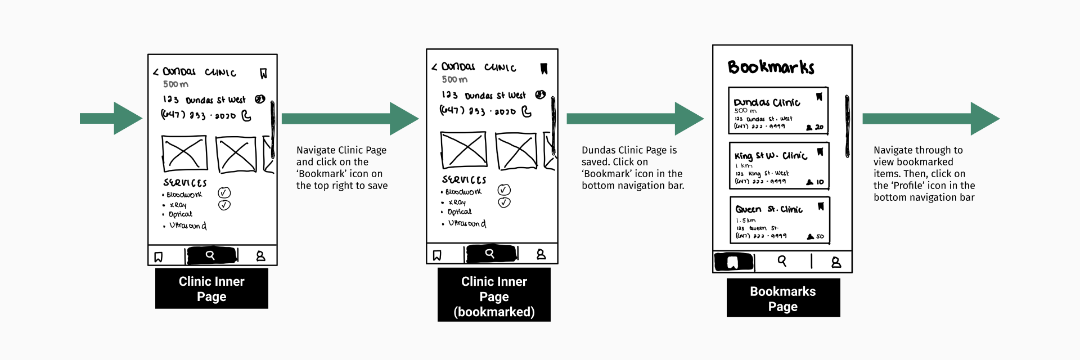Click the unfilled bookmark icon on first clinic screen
(x=263, y=74)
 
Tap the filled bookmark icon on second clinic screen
(x=544, y=69)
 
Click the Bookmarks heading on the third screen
(x=771, y=67)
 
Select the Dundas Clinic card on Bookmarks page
(x=778, y=111)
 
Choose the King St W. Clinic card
(x=779, y=166)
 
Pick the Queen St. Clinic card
(x=780, y=220)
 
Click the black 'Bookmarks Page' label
(x=783, y=299)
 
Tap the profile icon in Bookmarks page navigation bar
(x=836, y=262)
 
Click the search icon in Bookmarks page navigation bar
(x=782, y=261)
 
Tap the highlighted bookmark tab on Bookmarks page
(x=733, y=262)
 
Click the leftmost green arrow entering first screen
(x=111, y=118)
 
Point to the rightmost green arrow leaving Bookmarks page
(x=930, y=118)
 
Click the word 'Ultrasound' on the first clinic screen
(x=188, y=226)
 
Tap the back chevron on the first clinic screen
(x=156, y=73)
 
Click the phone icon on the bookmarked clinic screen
(x=526, y=111)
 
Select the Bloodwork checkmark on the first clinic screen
(x=224, y=192)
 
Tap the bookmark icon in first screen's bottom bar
(x=159, y=257)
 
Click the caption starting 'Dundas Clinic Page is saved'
(x=633, y=168)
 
